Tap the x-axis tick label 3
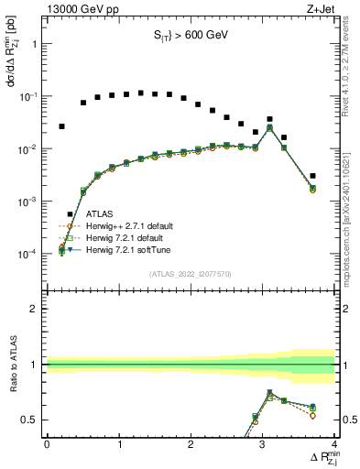[263, 444]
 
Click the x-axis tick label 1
[119, 444]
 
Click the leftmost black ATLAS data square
[61, 126]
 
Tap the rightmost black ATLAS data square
[312, 175]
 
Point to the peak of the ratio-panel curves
[269, 393]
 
